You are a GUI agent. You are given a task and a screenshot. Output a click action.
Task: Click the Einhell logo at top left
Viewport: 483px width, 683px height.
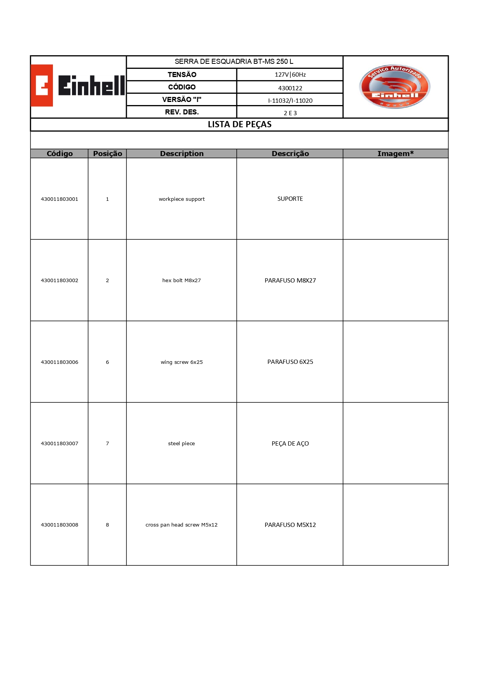tap(78, 86)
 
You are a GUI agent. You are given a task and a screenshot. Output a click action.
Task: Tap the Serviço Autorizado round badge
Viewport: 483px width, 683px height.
tap(395, 86)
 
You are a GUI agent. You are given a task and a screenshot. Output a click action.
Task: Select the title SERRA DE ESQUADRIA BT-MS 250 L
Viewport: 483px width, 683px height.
tap(234, 61)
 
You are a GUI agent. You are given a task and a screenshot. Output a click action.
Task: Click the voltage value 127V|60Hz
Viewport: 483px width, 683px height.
tap(290, 75)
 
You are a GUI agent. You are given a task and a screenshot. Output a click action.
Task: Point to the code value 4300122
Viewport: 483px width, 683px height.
tap(290, 88)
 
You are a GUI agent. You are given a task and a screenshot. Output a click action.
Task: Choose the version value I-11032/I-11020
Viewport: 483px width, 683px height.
tap(290, 100)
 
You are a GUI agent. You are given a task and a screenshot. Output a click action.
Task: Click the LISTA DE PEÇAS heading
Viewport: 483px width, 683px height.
tap(239, 125)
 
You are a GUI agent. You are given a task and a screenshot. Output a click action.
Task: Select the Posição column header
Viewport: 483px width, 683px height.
tap(107, 154)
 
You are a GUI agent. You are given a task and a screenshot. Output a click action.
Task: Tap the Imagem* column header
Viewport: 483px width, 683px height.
tap(395, 154)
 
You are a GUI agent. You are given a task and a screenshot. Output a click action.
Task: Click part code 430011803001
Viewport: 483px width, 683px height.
tap(60, 199)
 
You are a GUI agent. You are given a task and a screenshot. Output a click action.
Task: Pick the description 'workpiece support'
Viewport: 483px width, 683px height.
tap(182, 199)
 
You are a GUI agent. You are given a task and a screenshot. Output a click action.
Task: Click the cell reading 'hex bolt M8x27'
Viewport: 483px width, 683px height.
tap(182, 280)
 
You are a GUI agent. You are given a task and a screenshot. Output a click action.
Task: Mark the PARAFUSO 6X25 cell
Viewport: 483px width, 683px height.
tap(290, 362)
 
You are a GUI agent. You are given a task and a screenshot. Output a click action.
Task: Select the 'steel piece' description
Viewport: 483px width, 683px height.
tap(182, 443)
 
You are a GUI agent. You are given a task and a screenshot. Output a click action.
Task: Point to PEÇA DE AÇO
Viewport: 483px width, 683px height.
tap(290, 443)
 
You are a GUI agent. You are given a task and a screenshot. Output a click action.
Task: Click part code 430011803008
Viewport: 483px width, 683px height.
tap(60, 525)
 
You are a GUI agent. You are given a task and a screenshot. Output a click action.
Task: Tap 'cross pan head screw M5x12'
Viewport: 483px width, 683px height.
tap(182, 525)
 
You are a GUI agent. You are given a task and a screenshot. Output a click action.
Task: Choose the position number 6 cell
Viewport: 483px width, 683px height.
tap(107, 362)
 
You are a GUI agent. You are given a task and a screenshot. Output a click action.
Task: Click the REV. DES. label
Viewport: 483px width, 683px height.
tap(182, 112)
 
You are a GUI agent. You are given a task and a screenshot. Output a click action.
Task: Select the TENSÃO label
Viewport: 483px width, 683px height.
tap(182, 75)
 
